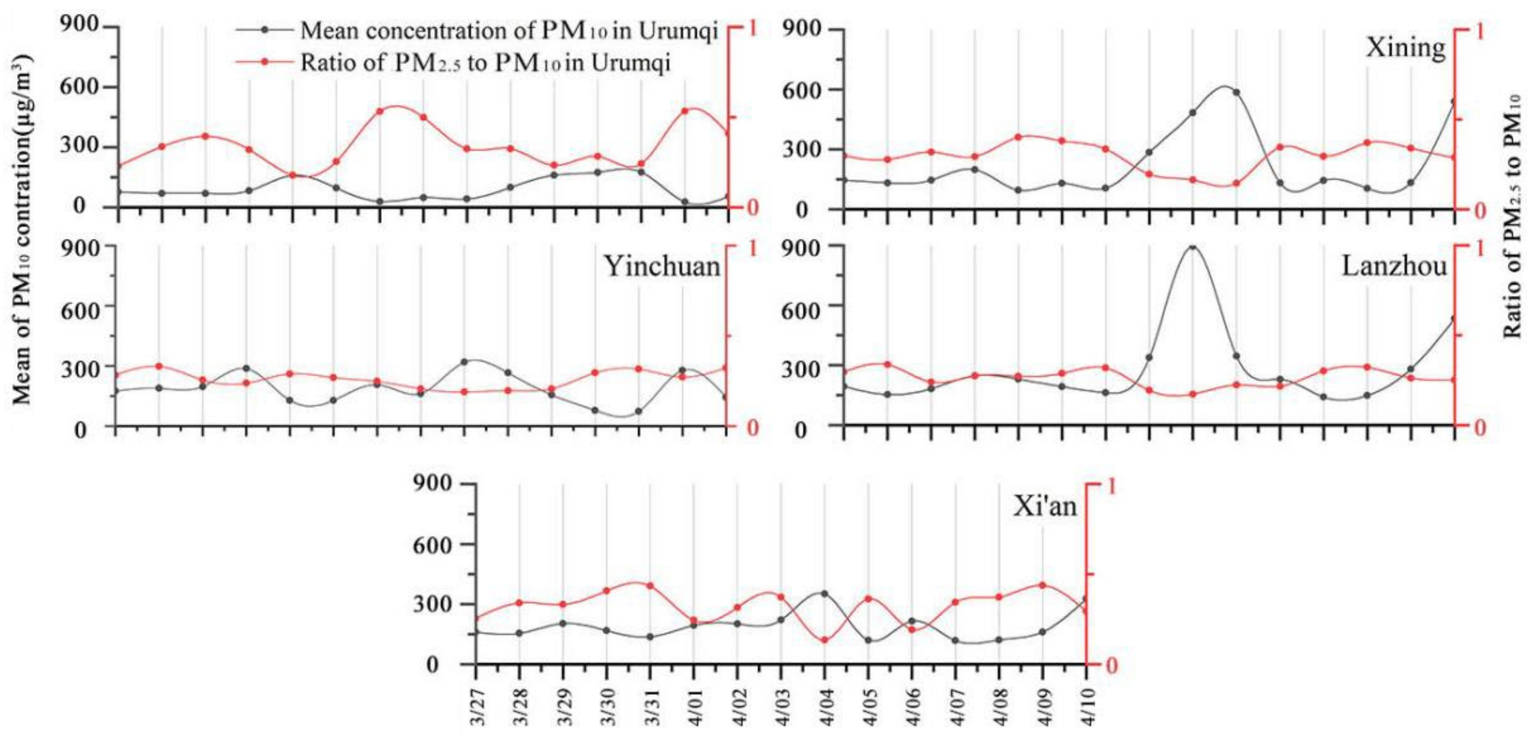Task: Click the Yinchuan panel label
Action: pyautogui.click(x=662, y=266)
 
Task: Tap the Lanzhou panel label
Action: pyautogui.click(x=1394, y=266)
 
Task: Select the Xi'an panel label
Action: pyautogui.click(x=1045, y=507)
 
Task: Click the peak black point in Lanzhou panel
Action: pyautogui.click(x=1192, y=247)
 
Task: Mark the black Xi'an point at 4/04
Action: pyautogui.click(x=824, y=593)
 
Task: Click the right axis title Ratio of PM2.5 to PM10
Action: pyautogui.click(x=1513, y=217)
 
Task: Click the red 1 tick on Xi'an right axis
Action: pyautogui.click(x=1111, y=486)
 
